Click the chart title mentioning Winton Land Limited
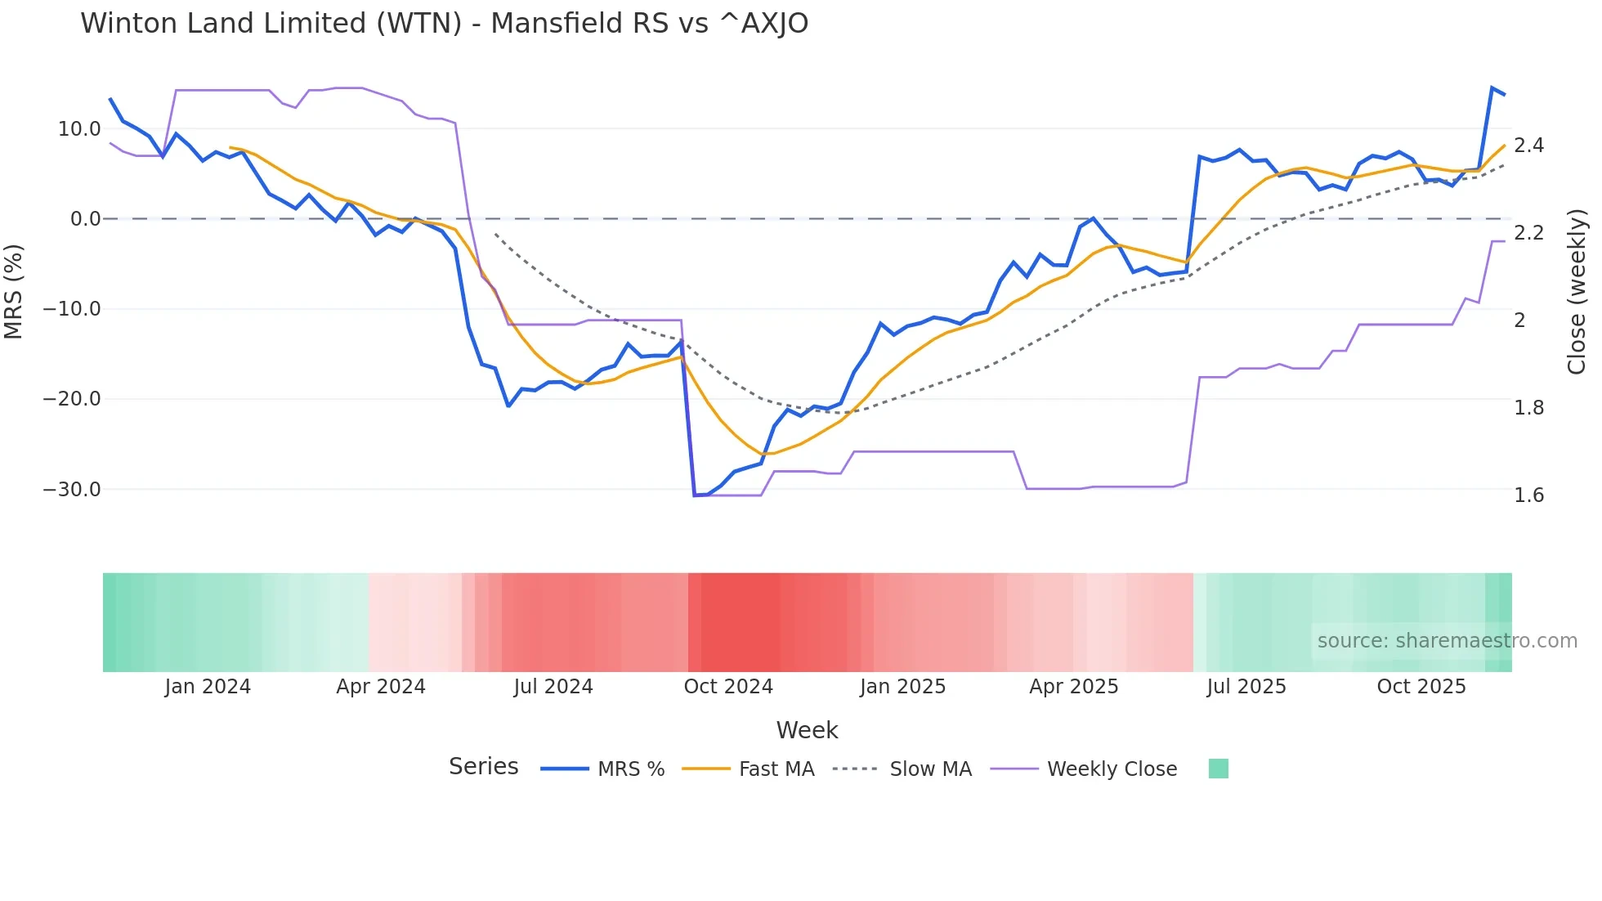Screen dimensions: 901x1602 [x=444, y=24]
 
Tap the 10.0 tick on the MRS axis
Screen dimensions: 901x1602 [x=79, y=129]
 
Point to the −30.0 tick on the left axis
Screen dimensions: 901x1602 [x=72, y=490]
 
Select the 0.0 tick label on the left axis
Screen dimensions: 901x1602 [x=85, y=219]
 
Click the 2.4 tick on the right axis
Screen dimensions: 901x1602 [x=1528, y=146]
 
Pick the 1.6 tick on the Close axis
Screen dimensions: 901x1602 [x=1528, y=495]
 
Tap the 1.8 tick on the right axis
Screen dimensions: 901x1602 [x=1528, y=408]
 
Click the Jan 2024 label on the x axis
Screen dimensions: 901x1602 [x=208, y=687]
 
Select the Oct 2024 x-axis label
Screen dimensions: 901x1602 [x=728, y=687]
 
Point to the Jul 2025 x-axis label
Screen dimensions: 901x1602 [x=1246, y=687]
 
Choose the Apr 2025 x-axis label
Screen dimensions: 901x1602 [x=1073, y=687]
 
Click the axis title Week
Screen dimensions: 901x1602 [x=807, y=730]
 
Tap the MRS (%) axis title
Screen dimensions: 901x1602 [x=14, y=291]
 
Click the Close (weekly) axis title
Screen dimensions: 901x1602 [x=1577, y=292]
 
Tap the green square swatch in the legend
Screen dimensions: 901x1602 [x=1218, y=769]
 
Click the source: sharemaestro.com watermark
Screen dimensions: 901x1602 [x=1447, y=641]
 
